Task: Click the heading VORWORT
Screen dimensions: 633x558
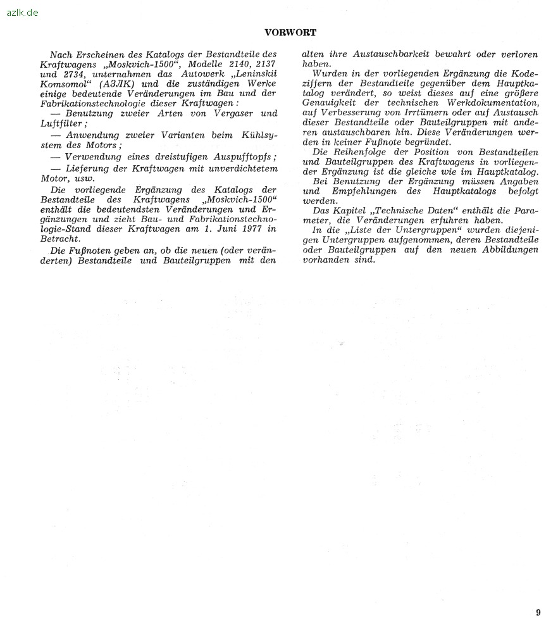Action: click(x=290, y=32)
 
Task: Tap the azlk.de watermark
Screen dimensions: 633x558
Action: click(x=22, y=12)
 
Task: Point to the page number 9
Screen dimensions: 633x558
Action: click(x=538, y=612)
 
